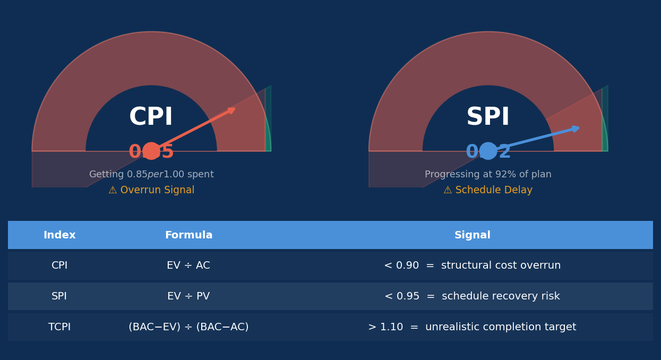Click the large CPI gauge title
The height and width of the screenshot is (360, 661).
point(151,117)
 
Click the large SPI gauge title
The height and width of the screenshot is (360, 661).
point(488,117)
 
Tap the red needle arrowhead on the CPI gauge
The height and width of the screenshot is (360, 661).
point(231,110)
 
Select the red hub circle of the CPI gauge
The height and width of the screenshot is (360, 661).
point(151,151)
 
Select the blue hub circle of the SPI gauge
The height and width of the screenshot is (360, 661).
point(488,151)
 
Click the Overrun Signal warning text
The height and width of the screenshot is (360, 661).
point(151,190)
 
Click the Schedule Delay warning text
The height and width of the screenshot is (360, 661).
point(488,190)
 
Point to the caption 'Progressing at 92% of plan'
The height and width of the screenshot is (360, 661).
point(488,175)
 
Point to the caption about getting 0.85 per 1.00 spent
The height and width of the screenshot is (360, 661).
point(151,175)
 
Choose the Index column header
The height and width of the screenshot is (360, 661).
point(59,235)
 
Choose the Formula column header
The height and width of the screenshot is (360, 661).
point(188,235)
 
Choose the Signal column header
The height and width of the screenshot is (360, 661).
point(472,235)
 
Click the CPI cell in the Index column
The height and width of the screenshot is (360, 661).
point(59,265)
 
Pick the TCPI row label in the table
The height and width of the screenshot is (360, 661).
point(59,327)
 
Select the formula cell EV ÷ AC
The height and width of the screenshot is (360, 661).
point(188,265)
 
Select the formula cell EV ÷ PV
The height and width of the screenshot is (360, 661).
point(188,296)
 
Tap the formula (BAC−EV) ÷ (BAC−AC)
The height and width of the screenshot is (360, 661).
point(188,327)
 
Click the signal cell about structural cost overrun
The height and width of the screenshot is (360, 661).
point(472,265)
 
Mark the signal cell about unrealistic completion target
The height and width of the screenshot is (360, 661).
point(472,327)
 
